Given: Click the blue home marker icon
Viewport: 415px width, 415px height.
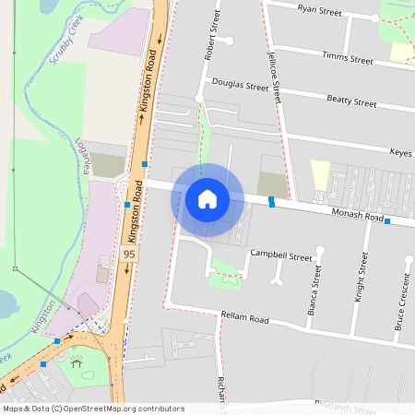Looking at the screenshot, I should coord(207,199).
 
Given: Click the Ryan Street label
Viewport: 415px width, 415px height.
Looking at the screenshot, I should coord(319,12).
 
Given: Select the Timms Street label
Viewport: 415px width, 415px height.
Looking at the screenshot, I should coord(347,58).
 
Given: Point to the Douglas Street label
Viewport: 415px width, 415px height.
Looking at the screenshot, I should coord(240,85).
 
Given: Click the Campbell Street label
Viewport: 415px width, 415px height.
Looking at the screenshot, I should coord(281,255).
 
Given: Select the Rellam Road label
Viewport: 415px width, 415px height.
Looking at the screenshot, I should coord(244,317).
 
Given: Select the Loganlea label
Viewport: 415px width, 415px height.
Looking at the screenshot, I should coord(89,157).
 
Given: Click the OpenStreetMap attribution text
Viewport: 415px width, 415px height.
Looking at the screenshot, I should coord(93,408).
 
